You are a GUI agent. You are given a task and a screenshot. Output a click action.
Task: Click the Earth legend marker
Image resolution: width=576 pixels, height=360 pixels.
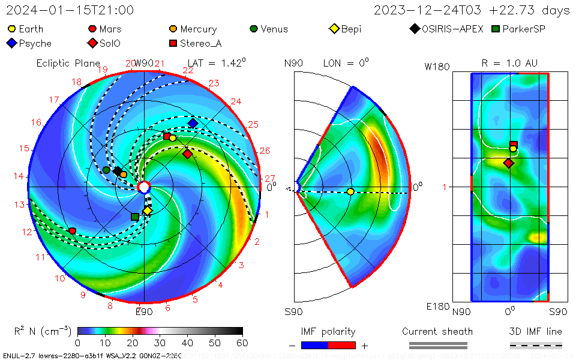click(x=11, y=29)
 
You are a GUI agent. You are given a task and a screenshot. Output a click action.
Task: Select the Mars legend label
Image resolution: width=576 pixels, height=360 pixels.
click(x=110, y=29)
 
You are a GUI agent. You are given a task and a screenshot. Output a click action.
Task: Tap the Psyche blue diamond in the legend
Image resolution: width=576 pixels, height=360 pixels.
click(x=11, y=43)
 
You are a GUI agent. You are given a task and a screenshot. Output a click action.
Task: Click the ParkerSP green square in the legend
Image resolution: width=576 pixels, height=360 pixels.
click(x=495, y=29)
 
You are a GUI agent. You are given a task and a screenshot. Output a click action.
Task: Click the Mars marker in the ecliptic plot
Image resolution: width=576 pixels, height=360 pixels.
click(x=73, y=231)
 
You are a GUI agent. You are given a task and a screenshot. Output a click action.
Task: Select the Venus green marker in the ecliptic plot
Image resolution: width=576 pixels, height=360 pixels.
click(x=106, y=170)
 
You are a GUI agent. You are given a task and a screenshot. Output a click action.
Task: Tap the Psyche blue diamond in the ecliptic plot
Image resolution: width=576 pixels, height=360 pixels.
click(x=193, y=123)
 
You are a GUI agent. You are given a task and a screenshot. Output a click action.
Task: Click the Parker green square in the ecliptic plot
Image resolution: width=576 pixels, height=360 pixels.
click(x=135, y=216)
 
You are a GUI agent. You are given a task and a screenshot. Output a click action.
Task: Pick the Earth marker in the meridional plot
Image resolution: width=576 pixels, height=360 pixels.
click(x=350, y=192)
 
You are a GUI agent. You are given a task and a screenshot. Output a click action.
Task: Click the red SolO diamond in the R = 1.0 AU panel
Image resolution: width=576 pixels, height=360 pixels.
click(x=509, y=163)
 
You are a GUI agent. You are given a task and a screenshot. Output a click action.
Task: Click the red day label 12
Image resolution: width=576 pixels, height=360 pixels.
click(x=27, y=232)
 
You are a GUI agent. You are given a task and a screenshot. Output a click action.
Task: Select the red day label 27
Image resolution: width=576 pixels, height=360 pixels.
click(x=269, y=178)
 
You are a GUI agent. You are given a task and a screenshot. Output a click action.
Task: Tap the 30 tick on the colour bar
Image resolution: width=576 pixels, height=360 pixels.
click(x=160, y=343)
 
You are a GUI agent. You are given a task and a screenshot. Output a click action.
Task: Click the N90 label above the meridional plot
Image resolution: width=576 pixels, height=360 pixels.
click(x=293, y=63)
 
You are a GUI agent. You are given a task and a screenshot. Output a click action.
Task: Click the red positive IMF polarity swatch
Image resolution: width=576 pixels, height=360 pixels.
click(x=342, y=345)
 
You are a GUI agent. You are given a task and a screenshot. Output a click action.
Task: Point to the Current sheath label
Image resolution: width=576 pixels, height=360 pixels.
click(x=437, y=331)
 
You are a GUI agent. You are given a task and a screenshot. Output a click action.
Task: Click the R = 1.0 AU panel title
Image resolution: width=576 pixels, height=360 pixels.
click(x=509, y=63)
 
